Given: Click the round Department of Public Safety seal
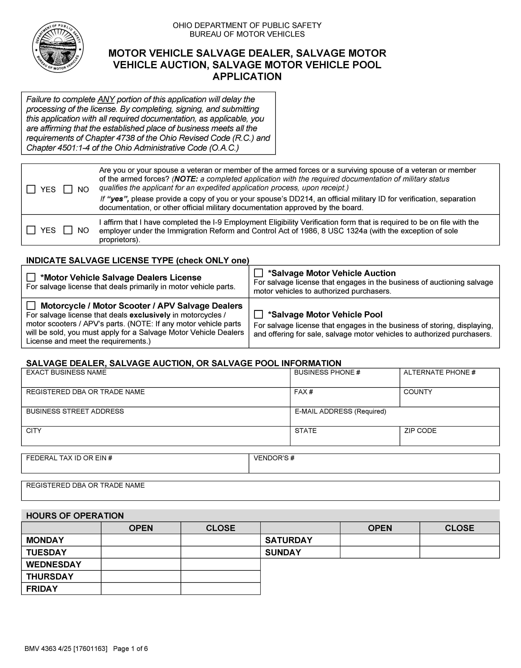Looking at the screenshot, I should [x=58, y=47].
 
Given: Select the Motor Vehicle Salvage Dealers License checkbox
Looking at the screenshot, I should [x=31, y=277].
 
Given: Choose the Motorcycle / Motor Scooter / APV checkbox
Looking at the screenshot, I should [x=31, y=306].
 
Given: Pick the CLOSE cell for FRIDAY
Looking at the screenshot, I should [x=220, y=589].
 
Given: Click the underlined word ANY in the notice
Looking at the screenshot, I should [x=106, y=99].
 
